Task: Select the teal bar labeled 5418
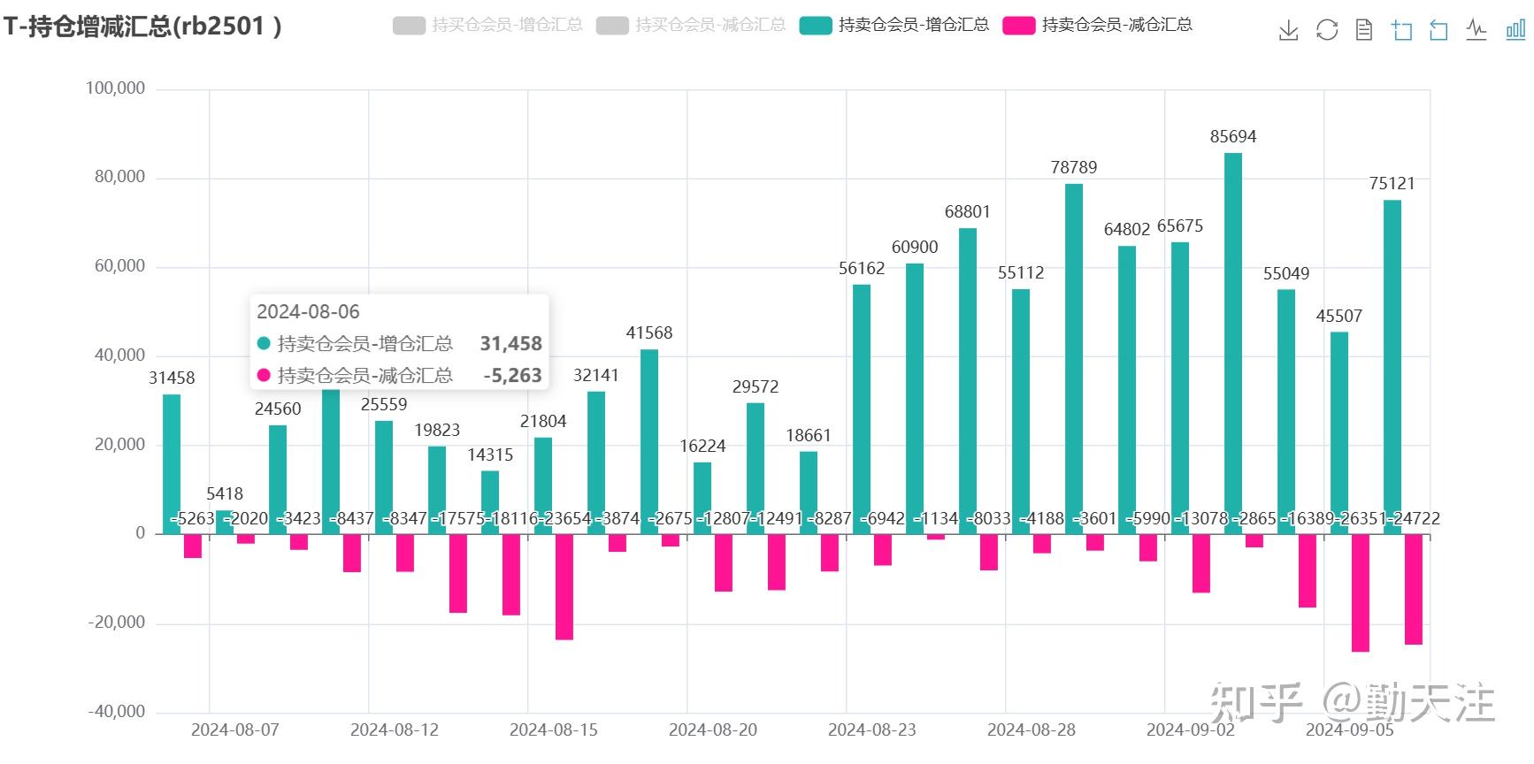[x=225, y=523]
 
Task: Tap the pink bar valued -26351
[x=1360, y=592]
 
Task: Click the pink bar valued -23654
[x=564, y=586]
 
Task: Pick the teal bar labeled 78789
[x=1073, y=358]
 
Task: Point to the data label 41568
[x=648, y=333]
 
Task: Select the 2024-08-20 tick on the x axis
[x=712, y=730]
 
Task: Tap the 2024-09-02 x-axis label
[x=1190, y=730]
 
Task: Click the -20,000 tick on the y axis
[x=116, y=623]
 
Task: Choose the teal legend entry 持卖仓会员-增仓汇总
[x=894, y=25]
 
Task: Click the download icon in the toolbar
[x=1288, y=31]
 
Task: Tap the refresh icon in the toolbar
[x=1326, y=31]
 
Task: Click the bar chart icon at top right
[x=1515, y=31]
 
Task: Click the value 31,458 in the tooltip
[x=510, y=344]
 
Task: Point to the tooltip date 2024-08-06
[x=308, y=312]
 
